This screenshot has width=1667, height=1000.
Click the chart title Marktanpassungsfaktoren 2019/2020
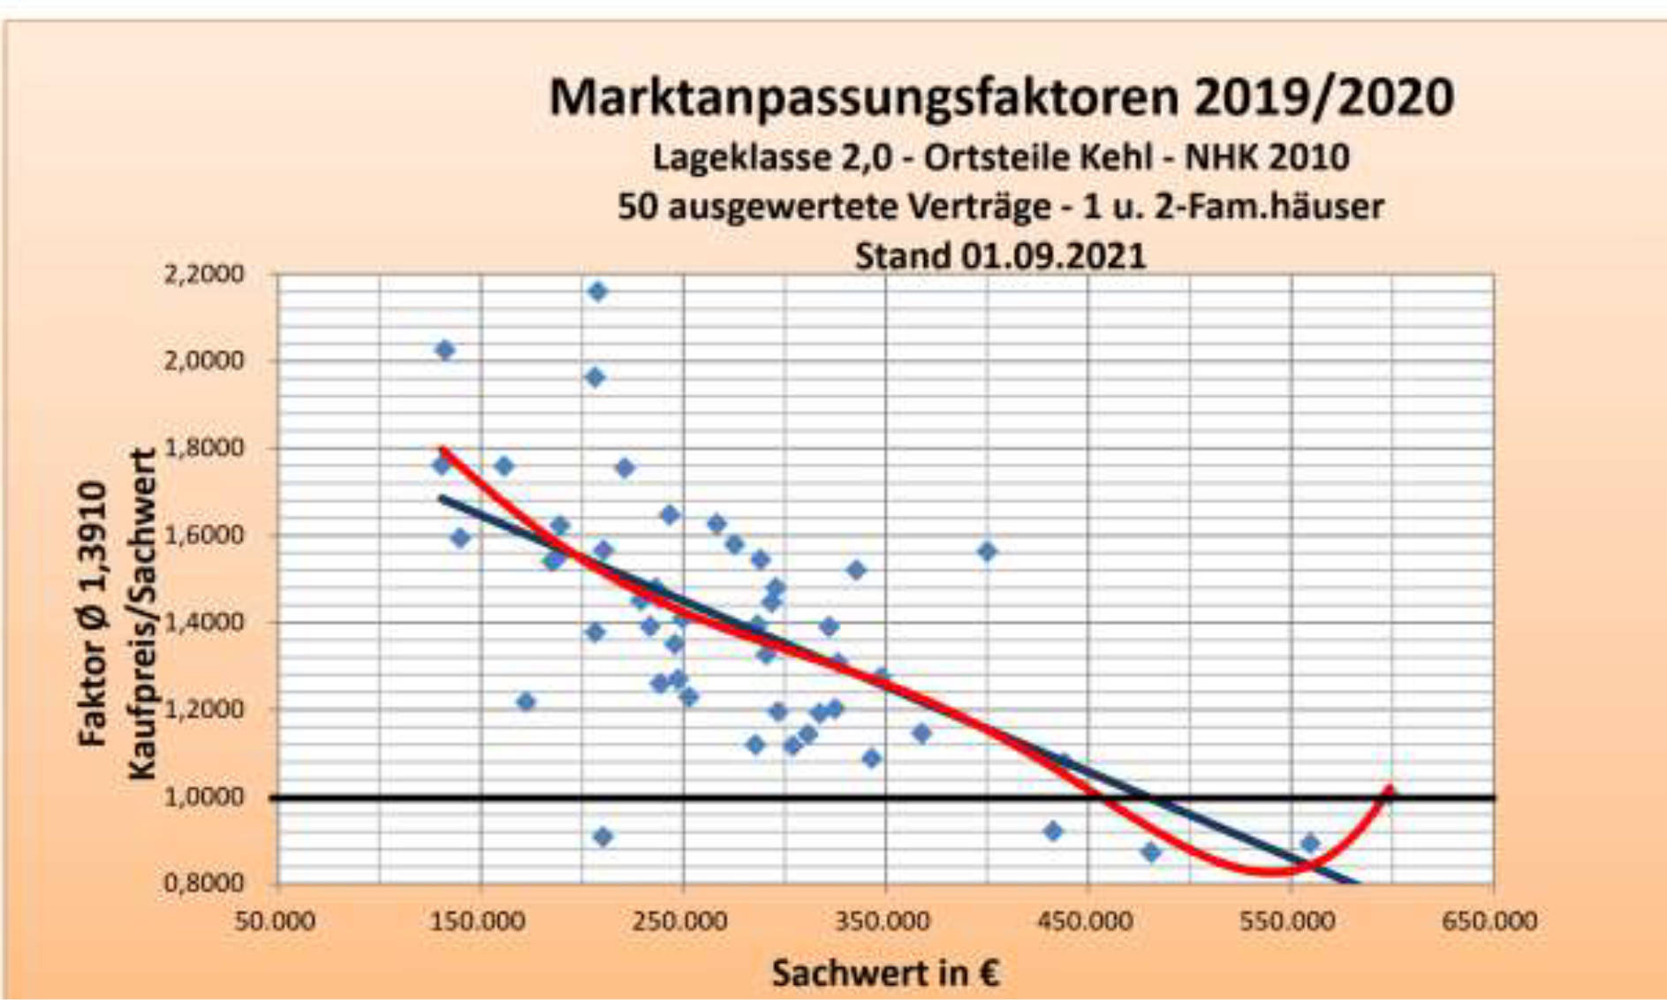pyautogui.click(x=1001, y=97)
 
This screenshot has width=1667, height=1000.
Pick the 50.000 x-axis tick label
pyautogui.click(x=275, y=921)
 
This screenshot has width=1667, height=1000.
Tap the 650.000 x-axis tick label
pyautogui.click(x=1490, y=921)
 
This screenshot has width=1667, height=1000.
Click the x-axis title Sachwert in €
pyautogui.click(x=885, y=973)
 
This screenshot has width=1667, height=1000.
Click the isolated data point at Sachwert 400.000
pyautogui.click(x=987, y=552)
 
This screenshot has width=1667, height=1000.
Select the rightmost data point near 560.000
pyautogui.click(x=1310, y=844)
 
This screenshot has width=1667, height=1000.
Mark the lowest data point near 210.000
pyautogui.click(x=602, y=837)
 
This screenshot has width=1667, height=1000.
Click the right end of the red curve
pyautogui.click(x=1390, y=788)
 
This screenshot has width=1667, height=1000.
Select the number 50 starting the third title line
pyautogui.click(x=638, y=207)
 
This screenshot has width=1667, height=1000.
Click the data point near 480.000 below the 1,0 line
pyautogui.click(x=1150, y=852)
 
